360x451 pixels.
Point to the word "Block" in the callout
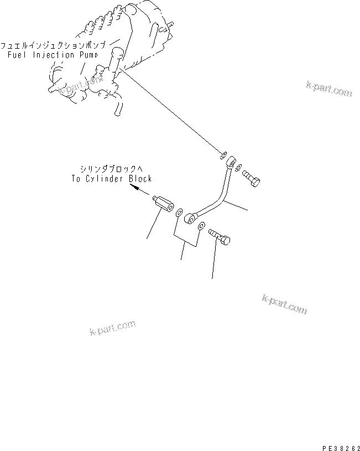coord(140,179)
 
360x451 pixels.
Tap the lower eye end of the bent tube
coord(190,219)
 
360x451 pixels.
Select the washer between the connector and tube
coord(179,212)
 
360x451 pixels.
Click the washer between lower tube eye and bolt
coord(202,226)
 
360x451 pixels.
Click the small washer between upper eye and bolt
coord(238,167)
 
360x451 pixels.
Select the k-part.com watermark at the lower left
coord(112,328)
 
